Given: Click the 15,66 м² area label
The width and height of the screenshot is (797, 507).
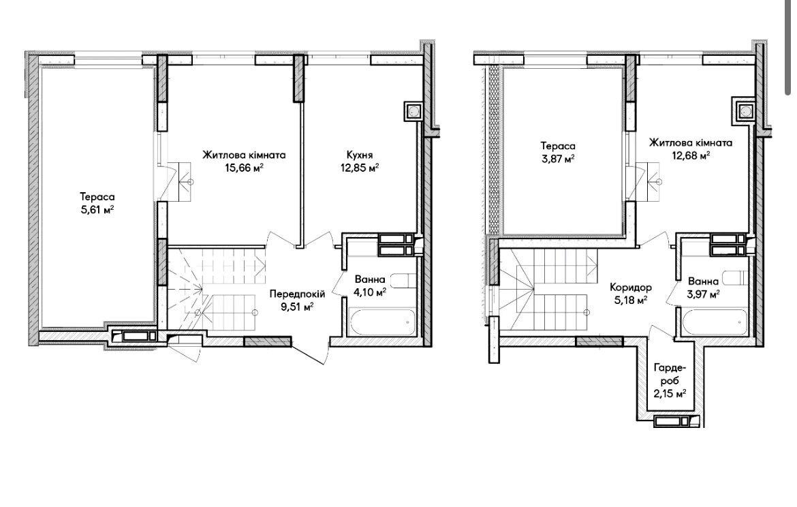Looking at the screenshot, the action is click(x=244, y=168).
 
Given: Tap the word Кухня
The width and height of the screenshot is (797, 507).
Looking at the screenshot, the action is click(x=360, y=155).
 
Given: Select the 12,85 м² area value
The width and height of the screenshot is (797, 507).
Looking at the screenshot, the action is click(x=360, y=168).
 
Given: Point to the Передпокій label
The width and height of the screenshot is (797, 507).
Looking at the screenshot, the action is click(x=298, y=294).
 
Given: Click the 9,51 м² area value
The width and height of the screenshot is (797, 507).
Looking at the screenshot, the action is click(x=298, y=306).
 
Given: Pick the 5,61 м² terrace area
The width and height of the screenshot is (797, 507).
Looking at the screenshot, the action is click(x=97, y=209).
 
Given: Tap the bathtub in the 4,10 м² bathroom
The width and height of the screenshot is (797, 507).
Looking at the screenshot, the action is click(x=381, y=322).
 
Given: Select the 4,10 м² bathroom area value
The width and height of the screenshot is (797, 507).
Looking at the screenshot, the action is click(x=370, y=292).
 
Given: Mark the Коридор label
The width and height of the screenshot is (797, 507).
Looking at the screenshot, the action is click(x=631, y=288).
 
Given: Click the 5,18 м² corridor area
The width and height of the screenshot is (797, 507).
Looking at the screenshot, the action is click(x=631, y=300).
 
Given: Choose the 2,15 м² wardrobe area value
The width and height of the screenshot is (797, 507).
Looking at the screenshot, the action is click(x=670, y=393).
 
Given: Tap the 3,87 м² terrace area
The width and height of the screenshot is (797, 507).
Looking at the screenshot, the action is click(x=558, y=159).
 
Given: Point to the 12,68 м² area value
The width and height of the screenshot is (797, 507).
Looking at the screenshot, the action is click(x=690, y=155).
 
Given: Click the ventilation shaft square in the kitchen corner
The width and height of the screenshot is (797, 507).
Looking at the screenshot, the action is click(x=413, y=111).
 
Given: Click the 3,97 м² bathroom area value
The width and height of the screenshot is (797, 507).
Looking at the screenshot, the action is click(x=703, y=294).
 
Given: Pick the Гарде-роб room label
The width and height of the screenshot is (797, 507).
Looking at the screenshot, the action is click(x=670, y=373).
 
